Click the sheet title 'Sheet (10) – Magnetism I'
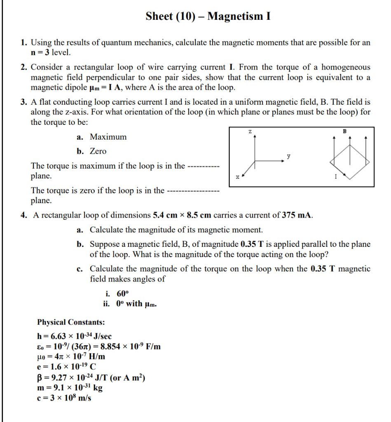(x=208, y=16)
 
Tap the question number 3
(x=24, y=102)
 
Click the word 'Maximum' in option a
(x=108, y=137)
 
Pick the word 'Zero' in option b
(x=98, y=151)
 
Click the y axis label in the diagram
(x=288, y=156)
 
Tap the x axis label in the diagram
(x=237, y=177)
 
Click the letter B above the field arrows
(x=345, y=131)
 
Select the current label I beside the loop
(x=336, y=177)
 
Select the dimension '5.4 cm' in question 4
(x=165, y=215)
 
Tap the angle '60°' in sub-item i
(x=123, y=294)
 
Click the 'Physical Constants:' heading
(x=71, y=322)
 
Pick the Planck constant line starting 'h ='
(x=74, y=336)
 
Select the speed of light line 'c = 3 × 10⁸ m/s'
(x=64, y=398)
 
